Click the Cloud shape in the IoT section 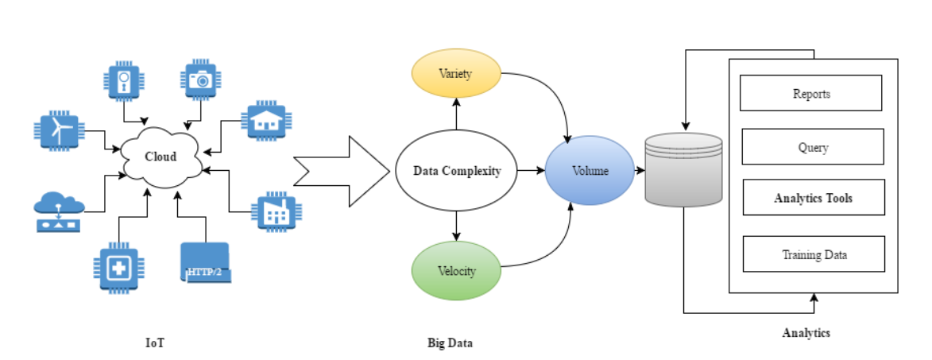pyautogui.click(x=161, y=158)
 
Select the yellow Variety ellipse pyautogui.click(x=455, y=74)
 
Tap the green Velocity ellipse pyautogui.click(x=456, y=271)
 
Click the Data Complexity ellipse pyautogui.click(x=456, y=171)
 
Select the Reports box pyautogui.click(x=810, y=93)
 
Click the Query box pyautogui.click(x=813, y=147)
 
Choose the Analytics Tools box pyautogui.click(x=813, y=198)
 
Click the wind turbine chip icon pyautogui.click(x=59, y=132)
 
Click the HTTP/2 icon pyautogui.click(x=204, y=263)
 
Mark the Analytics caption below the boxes pyautogui.click(x=806, y=333)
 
